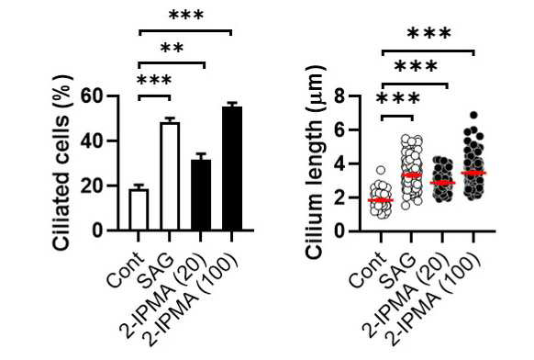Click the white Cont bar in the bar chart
[x=139, y=209]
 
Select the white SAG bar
[x=170, y=176]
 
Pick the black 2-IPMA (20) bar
[x=201, y=195]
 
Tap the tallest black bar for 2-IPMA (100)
[x=232, y=168]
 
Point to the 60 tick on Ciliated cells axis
[x=92, y=96]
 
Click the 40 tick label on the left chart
[x=92, y=141]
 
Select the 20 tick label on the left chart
[x=92, y=186]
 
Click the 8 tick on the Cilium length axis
[x=339, y=96]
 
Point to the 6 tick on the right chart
[x=339, y=129]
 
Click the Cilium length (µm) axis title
[x=314, y=163]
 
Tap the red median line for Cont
[x=381, y=200]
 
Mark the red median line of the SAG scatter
[x=412, y=175]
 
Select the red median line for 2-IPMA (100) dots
[x=473, y=173]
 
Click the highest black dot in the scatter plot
[x=473, y=115]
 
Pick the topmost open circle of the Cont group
[x=381, y=170]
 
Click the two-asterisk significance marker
[x=172, y=48]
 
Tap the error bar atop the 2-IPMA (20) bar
[x=201, y=156]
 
